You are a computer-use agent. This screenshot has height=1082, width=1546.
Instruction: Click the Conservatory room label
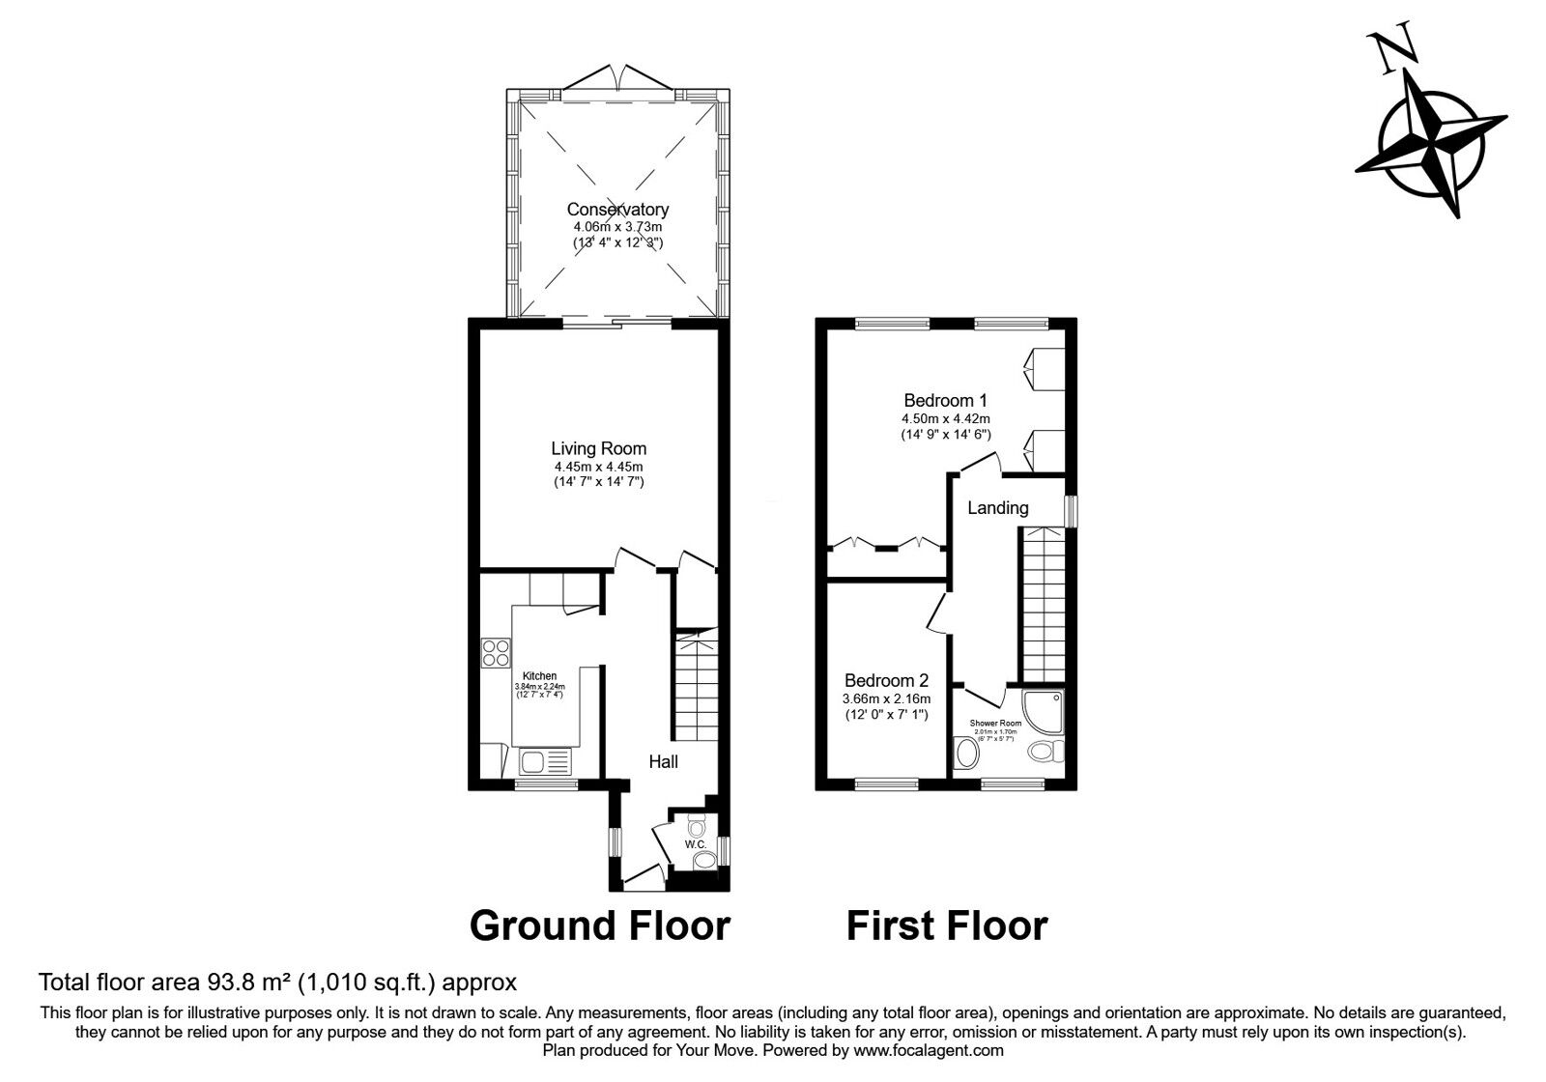pos(617,210)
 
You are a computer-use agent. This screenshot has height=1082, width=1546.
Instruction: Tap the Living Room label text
pos(598,448)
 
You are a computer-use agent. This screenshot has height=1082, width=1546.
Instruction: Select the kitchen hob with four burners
pos(496,654)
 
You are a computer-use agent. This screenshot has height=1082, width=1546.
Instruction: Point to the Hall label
pos(663,762)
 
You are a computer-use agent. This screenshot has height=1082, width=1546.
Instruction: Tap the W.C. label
pos(696,844)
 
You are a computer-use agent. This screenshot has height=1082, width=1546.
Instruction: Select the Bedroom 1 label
pos(945,400)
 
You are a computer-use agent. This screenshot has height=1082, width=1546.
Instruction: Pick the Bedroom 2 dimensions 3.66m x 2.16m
pos(886,699)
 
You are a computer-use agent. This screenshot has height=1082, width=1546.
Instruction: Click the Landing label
pos(998,508)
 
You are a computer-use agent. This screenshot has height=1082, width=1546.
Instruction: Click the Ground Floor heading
pos(599,925)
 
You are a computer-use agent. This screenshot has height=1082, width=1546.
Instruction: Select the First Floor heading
pos(947,925)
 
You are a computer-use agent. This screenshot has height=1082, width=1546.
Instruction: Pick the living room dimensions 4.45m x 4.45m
pos(598,467)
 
